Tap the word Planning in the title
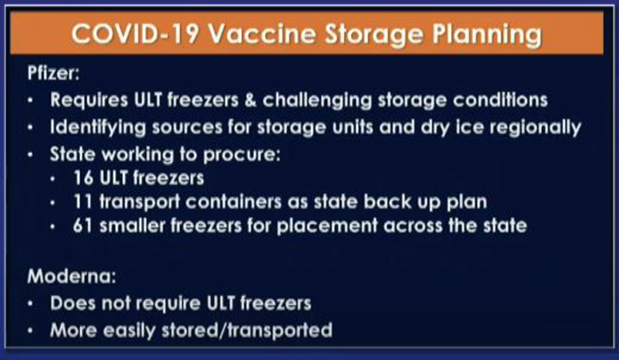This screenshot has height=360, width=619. [x=486, y=35]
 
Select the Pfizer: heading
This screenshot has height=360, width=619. [x=53, y=73]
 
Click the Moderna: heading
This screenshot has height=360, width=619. [x=72, y=276]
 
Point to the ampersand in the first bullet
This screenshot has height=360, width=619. [x=250, y=100]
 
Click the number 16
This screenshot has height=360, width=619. [x=83, y=179]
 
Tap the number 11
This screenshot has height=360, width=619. [x=83, y=202]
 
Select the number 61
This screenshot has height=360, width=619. [x=83, y=226]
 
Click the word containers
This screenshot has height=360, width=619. [x=233, y=202]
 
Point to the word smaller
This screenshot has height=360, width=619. [x=132, y=226]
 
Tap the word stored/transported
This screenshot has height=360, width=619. [x=247, y=331]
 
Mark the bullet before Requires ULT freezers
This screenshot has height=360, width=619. [x=31, y=101]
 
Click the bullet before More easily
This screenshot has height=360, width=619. [x=31, y=331]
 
